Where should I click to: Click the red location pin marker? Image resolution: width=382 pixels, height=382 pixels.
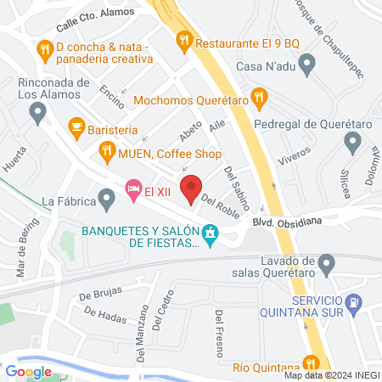click(193, 188)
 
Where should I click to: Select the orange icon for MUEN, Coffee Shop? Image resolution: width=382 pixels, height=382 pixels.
click(106, 154)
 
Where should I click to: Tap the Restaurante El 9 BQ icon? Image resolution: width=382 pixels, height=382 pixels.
click(183, 40)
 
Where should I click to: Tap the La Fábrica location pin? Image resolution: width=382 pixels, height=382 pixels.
click(106, 201)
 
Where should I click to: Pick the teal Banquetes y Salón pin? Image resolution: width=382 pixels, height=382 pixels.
click(209, 232)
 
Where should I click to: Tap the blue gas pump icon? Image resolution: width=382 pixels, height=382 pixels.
click(352, 302)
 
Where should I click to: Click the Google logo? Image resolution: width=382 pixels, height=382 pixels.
click(28, 371)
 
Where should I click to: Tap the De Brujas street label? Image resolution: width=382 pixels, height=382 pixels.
click(96, 296)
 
